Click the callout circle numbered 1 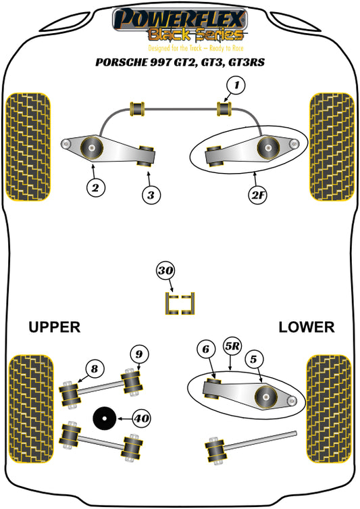click(x=236, y=85)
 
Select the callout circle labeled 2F click(x=258, y=195)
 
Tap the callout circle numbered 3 click(x=151, y=195)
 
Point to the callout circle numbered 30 click(x=165, y=270)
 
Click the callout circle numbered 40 click(x=141, y=418)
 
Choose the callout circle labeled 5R click(x=232, y=346)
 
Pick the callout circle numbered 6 click(x=206, y=349)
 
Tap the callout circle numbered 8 click(x=95, y=369)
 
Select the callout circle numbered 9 click(x=139, y=354)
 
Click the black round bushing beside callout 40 click(x=104, y=418)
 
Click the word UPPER click(x=54, y=327)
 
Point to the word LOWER click(x=307, y=327)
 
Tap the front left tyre click(x=28, y=147)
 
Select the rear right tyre click(x=330, y=409)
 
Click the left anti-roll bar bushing click(x=137, y=109)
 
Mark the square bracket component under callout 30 click(x=180, y=304)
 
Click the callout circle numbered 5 click(x=253, y=359)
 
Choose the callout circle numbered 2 click(x=96, y=188)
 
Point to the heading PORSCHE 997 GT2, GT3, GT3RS click(x=180, y=62)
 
